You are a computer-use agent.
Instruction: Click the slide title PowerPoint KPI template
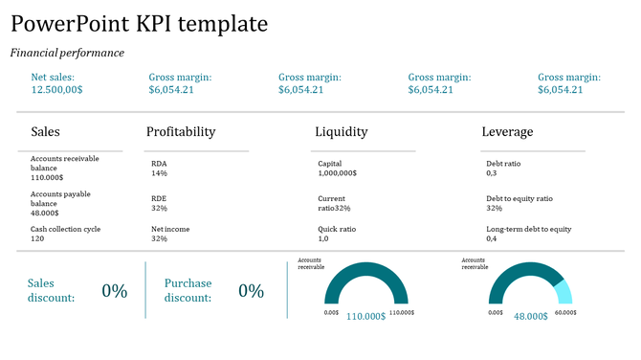click(x=140, y=24)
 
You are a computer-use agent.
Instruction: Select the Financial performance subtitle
click(x=67, y=53)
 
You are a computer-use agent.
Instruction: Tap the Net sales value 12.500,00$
click(x=57, y=89)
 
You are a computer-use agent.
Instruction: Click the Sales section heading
click(x=46, y=132)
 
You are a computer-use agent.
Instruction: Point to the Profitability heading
click(x=181, y=132)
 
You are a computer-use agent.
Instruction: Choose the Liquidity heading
click(x=342, y=132)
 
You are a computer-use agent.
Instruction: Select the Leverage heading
click(x=507, y=132)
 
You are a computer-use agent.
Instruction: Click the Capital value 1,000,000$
click(x=338, y=173)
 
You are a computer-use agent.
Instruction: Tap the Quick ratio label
click(x=337, y=230)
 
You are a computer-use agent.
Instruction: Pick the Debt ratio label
click(x=504, y=164)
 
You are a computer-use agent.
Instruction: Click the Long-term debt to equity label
click(x=529, y=230)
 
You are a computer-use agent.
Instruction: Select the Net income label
click(x=170, y=230)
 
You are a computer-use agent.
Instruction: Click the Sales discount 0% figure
click(x=115, y=291)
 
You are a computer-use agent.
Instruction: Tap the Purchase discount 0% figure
click(x=252, y=291)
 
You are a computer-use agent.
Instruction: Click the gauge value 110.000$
click(x=365, y=316)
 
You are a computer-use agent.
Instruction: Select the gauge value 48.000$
click(x=531, y=316)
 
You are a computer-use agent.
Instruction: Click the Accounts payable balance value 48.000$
click(x=47, y=213)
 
